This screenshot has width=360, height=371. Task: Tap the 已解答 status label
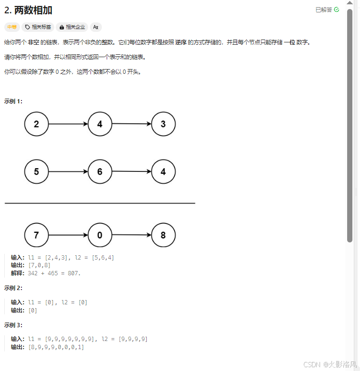point(324,10)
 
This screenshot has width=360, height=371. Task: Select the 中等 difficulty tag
point(11,27)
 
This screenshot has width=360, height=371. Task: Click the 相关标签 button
point(38,27)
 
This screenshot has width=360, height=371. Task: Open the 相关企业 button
point(72,27)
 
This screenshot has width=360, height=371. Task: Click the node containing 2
point(37,124)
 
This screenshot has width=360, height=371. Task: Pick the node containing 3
point(163,124)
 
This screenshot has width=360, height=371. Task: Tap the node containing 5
point(37,171)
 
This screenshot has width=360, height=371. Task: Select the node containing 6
point(100,171)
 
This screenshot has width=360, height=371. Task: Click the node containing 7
point(37,235)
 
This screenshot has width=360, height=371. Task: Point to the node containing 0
point(100,235)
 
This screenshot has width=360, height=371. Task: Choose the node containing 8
point(163,235)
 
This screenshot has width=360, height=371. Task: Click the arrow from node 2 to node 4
point(68,124)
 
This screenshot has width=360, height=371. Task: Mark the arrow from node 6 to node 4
point(131,171)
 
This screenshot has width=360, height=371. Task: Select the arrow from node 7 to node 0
point(68,235)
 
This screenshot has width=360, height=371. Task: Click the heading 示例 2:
point(13,288)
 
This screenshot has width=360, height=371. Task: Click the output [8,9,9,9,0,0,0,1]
point(57,347)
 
